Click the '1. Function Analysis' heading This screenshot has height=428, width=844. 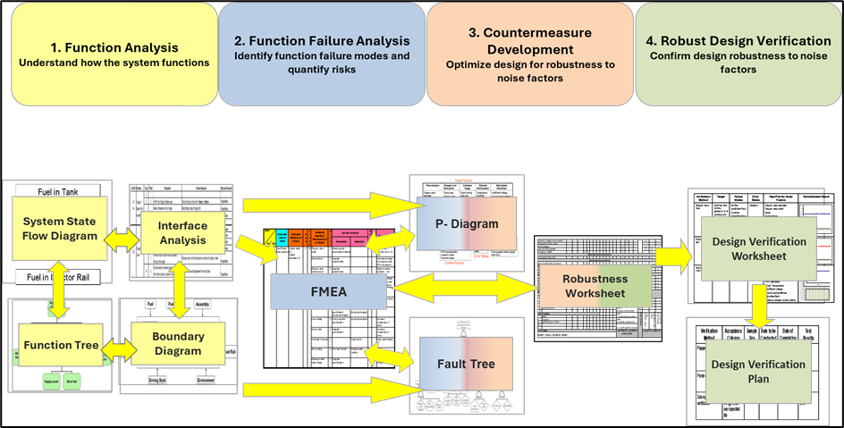[113, 46]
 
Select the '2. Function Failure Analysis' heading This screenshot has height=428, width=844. [322, 40]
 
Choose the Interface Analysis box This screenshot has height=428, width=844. [181, 232]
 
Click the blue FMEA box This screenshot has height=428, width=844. [328, 292]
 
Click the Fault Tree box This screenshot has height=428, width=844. [461, 365]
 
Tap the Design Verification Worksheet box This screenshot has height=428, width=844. [758, 248]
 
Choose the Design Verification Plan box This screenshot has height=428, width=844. [757, 372]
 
